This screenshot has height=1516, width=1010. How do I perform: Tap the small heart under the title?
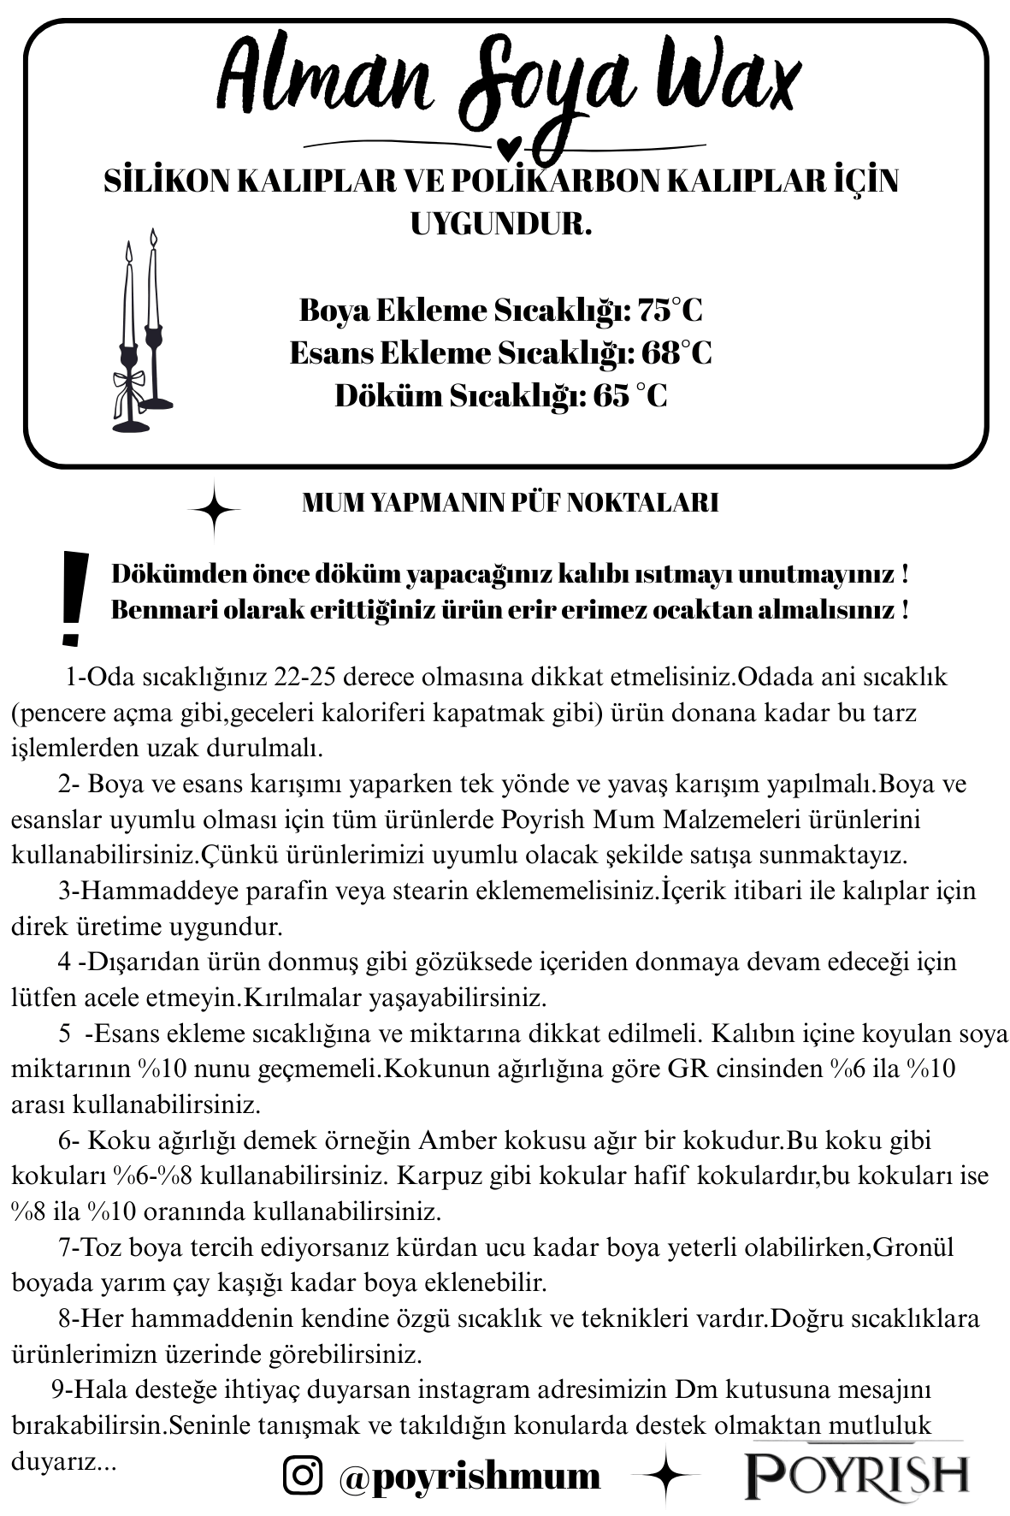(x=509, y=147)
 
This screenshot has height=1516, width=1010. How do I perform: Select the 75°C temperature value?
(x=670, y=310)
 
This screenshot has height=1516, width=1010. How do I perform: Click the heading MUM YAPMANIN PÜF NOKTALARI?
(x=510, y=503)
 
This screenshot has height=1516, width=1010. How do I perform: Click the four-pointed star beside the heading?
(x=214, y=510)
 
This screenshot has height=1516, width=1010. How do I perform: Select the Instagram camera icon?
(x=303, y=1475)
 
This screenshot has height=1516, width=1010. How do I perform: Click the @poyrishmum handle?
(x=470, y=1476)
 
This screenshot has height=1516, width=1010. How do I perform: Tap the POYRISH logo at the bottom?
(x=856, y=1474)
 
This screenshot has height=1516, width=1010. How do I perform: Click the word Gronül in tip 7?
(x=913, y=1247)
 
